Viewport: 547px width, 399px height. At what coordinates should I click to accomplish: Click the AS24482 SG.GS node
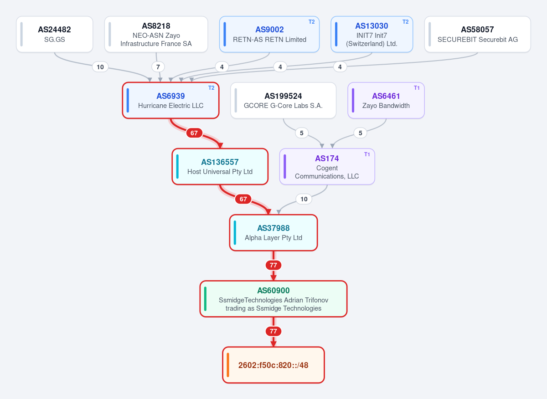(x=54, y=34)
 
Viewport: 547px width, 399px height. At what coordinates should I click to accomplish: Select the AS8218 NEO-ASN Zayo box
(x=156, y=34)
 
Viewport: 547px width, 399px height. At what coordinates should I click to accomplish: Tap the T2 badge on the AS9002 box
(x=311, y=22)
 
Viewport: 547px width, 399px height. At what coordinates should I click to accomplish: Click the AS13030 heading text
(x=372, y=26)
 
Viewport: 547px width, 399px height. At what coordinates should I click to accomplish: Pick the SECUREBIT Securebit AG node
(x=477, y=34)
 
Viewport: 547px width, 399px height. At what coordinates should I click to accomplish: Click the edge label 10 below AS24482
(x=100, y=67)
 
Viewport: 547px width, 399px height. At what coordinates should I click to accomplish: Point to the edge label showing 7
(x=158, y=67)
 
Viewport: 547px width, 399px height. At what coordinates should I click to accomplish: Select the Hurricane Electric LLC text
(x=170, y=106)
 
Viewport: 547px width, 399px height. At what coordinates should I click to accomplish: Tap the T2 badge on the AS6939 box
(x=211, y=88)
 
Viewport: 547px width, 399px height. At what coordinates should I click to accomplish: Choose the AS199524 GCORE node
(x=283, y=100)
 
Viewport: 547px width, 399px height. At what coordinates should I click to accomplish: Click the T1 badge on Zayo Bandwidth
(x=417, y=88)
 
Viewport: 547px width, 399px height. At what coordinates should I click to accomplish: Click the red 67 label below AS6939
(x=194, y=133)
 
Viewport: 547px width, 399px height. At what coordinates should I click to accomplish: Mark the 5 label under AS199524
(x=302, y=133)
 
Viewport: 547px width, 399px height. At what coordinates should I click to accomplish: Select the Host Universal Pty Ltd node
(x=220, y=166)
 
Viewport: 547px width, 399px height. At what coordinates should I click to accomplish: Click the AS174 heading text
(x=327, y=159)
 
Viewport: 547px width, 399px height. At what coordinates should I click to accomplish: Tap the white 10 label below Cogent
(x=304, y=199)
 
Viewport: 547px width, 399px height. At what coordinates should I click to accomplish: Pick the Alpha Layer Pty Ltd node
(x=273, y=233)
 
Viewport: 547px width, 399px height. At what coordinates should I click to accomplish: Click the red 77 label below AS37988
(x=273, y=265)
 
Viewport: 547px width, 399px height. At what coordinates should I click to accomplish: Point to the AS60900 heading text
(x=273, y=291)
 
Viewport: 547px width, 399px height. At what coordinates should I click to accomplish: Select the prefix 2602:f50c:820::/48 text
(x=273, y=365)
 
